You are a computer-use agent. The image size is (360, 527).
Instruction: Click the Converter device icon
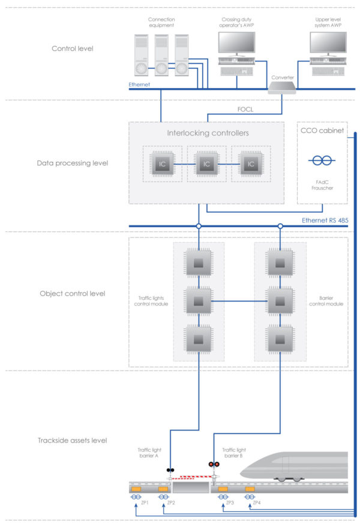[282, 88]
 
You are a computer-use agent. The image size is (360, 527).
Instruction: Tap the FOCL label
[245, 109]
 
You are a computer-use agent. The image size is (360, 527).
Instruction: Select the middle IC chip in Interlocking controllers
[206, 163]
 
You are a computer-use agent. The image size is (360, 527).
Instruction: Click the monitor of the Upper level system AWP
[328, 43]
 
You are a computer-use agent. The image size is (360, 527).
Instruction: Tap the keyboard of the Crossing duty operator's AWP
[236, 71]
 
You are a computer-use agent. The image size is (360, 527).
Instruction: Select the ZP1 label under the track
[145, 502]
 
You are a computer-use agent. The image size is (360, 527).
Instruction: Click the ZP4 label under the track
[257, 502]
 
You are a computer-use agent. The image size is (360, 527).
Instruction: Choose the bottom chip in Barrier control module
[280, 339]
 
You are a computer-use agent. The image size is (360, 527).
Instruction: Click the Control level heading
[73, 48]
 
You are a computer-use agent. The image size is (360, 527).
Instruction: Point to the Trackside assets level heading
[73, 441]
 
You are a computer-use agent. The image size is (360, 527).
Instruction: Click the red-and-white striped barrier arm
[191, 478]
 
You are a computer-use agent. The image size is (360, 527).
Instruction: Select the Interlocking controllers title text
[206, 132]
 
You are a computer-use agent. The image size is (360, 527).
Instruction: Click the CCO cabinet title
[322, 129]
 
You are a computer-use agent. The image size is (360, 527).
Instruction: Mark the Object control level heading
[73, 294]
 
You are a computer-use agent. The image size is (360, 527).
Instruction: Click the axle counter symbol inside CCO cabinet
[322, 161]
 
